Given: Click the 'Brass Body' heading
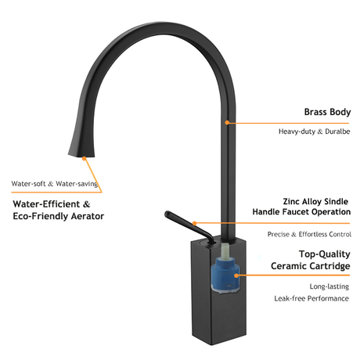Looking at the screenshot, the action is pos(327,112).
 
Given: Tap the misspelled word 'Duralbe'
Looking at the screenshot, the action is pos(337,131).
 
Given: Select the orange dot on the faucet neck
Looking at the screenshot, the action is pos(227,122).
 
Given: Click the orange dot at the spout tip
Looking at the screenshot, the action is pos(84,158).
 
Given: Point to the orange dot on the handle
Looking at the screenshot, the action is pos(194,223).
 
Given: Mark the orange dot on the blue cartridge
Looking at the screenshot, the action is pos(236,275).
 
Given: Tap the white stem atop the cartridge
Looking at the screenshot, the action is pos(225,250).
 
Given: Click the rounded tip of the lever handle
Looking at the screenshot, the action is pos(167,214).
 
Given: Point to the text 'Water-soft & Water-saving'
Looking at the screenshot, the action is pos(55,184).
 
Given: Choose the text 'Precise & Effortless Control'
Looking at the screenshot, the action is pos(309,234).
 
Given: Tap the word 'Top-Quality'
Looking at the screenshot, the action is pos(325,254).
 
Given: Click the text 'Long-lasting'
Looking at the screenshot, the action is pos(329,286).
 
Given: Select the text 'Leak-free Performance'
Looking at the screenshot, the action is pos(311,298).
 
